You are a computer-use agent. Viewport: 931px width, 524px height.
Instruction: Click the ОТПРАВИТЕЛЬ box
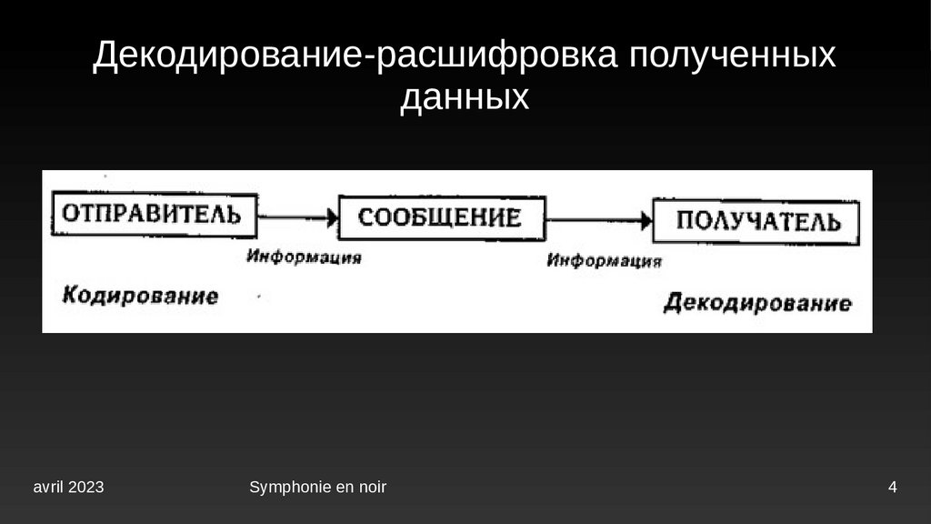click(152, 215)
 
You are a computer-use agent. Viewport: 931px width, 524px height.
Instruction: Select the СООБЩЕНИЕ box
click(442, 217)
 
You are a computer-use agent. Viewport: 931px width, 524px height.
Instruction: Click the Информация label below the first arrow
click(304, 257)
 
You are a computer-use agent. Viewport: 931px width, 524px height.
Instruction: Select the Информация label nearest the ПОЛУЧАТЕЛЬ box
click(604, 262)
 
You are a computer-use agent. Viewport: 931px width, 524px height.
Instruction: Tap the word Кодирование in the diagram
click(140, 296)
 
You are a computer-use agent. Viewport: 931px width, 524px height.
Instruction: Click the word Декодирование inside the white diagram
click(757, 303)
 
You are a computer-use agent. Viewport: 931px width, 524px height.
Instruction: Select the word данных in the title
click(465, 96)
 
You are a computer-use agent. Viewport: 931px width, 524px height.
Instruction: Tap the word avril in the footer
click(48, 488)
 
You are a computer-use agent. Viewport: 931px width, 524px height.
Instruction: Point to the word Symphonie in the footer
click(280, 488)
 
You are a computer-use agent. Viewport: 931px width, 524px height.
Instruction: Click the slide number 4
click(893, 488)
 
